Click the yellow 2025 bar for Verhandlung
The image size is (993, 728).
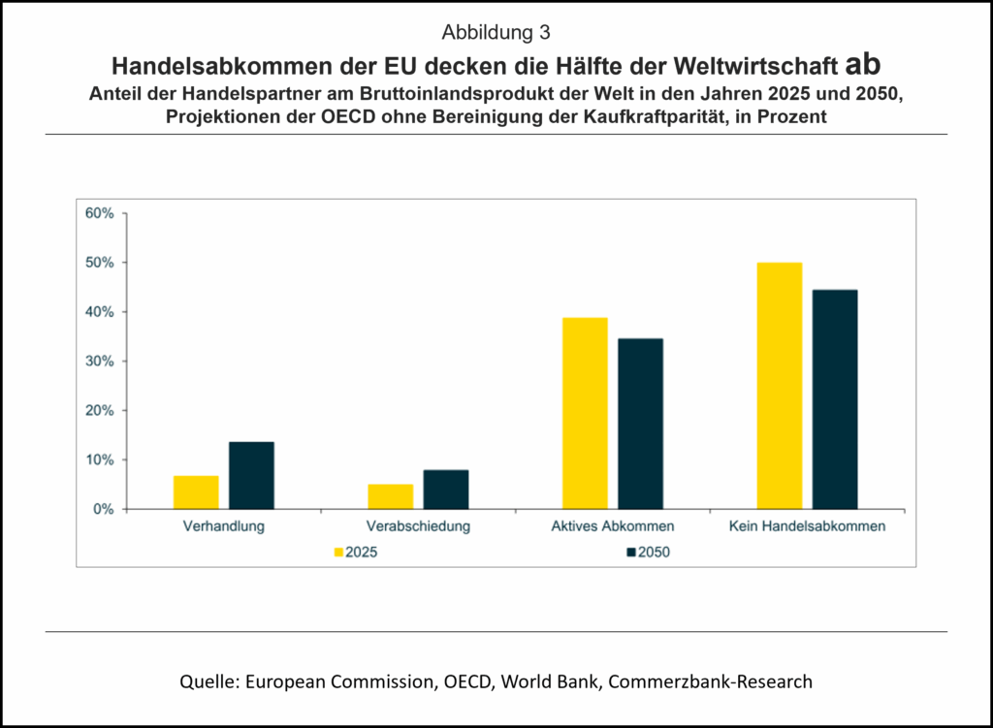(196, 492)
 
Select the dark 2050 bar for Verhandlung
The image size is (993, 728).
(251, 475)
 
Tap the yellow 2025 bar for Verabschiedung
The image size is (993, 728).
(390, 496)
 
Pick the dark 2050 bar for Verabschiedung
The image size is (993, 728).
(446, 490)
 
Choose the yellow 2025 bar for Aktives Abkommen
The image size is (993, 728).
(585, 413)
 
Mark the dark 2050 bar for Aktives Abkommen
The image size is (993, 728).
(640, 424)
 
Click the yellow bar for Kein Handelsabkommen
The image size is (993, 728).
(780, 386)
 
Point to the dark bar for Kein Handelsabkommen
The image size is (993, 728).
(835, 399)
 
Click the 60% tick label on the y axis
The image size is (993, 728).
(100, 213)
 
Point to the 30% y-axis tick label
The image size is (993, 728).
(100, 361)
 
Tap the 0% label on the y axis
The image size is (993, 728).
(104, 509)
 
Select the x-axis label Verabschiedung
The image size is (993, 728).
(418, 527)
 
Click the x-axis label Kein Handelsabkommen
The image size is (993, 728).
(807, 527)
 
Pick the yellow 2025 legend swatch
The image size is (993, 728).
(338, 553)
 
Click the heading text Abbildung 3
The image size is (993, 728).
(496, 33)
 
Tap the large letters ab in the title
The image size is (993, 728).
(862, 64)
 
